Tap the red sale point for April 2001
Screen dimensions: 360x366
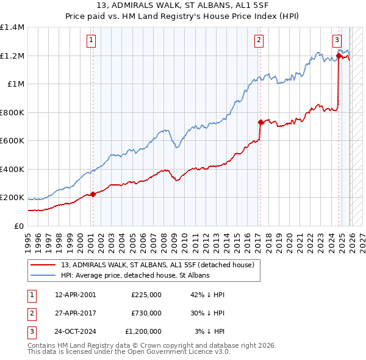pos(93,195)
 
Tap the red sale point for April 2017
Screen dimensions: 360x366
pos(260,122)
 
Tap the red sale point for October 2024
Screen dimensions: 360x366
pos(339,56)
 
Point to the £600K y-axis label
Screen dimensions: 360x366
pos(12,141)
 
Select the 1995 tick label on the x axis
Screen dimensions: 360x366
pos(28,239)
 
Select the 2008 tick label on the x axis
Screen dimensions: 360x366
pos(163,239)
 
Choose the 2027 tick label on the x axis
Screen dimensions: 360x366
pos(362,239)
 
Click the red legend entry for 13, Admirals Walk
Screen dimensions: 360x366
pos(161,265)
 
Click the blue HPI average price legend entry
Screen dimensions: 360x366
pos(135,276)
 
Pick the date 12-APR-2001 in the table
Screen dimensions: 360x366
pos(75,294)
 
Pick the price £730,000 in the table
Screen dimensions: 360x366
pos(146,313)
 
